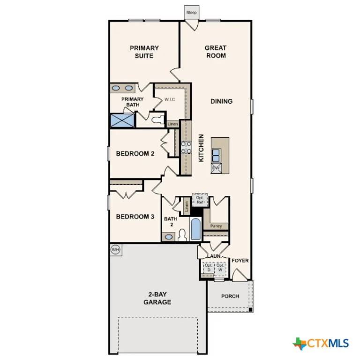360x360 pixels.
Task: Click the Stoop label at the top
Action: tap(191, 12)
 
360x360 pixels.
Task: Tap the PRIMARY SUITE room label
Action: tap(144, 52)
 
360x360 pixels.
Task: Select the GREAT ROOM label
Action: tap(216, 52)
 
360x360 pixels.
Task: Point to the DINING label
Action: tap(221, 101)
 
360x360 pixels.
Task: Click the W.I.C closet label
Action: tap(170, 99)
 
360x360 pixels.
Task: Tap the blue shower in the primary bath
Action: tap(122, 120)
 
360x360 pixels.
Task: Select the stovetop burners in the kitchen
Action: tap(186, 148)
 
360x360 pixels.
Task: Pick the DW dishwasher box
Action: tap(216, 168)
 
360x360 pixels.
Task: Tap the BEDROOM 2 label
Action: tap(135, 153)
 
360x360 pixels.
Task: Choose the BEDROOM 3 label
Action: tap(135, 217)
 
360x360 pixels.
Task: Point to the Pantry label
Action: tap(216, 226)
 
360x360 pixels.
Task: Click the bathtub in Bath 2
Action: tap(195, 229)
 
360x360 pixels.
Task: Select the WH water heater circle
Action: tap(116, 250)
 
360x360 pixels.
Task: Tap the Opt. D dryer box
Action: tap(208, 268)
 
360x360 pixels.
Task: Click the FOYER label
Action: tap(240, 261)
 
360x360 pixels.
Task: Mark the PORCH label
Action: tap(230, 296)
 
